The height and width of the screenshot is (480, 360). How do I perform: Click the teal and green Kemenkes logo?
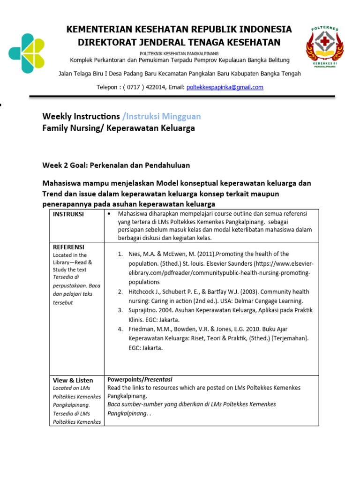coord(27,53)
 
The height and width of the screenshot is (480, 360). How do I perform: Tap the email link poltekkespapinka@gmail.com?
coord(225,87)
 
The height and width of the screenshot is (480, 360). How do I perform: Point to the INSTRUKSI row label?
coord(68,214)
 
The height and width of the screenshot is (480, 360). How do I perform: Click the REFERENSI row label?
coord(68,247)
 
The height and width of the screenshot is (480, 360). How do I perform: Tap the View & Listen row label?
coord(73,380)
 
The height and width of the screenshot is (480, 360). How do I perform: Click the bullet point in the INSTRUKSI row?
coord(109,214)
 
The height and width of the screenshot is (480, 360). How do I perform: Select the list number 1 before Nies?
coord(120,254)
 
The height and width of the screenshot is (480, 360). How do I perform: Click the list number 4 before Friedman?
coord(120,329)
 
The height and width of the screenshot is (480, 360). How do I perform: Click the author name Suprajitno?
coord(144,310)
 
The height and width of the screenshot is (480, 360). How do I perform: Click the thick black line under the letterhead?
coord(182,97)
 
